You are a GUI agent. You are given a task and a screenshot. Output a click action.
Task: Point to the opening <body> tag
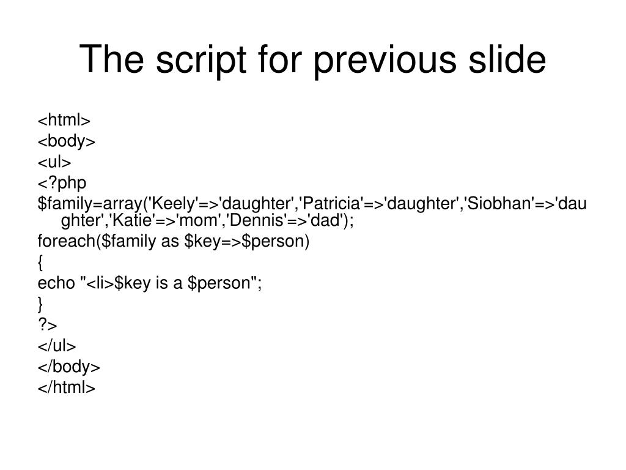(x=67, y=141)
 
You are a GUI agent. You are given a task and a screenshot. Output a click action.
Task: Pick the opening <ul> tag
(x=55, y=162)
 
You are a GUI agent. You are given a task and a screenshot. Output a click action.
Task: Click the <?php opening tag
(x=62, y=182)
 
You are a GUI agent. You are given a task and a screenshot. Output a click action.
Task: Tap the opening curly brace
(x=40, y=263)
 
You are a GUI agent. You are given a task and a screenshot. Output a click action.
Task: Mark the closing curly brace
(x=40, y=304)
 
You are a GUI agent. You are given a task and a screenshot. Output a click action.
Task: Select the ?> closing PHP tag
(x=47, y=324)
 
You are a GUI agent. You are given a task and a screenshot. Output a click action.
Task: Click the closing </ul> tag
(x=57, y=346)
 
